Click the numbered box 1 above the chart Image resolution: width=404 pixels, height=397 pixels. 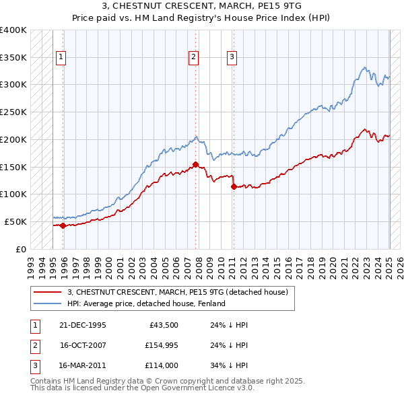(x=61, y=58)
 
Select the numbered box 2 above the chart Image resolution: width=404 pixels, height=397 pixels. (x=193, y=58)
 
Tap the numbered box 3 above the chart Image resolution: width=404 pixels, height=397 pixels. (x=231, y=58)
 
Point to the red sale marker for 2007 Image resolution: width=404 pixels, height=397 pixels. (x=195, y=164)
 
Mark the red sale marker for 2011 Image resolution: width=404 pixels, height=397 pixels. (x=234, y=187)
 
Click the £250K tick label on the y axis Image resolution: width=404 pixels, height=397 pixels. (x=13, y=112)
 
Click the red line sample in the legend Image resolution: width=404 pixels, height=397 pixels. (x=47, y=292)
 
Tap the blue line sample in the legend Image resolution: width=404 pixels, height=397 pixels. (x=47, y=303)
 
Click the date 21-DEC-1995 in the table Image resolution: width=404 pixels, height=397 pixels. (x=83, y=325)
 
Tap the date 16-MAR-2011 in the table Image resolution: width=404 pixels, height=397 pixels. (x=83, y=365)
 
